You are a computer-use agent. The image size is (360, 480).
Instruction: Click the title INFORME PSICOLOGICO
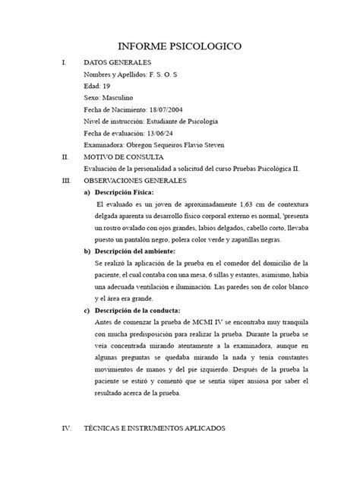pos(179,47)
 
